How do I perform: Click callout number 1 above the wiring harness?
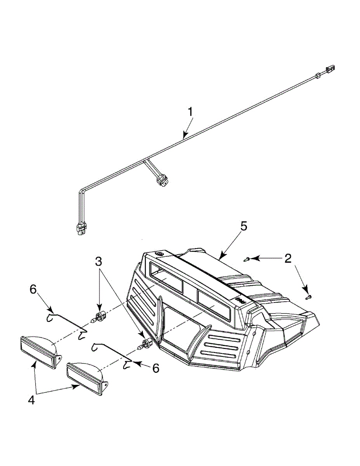190,112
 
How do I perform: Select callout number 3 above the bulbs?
99,261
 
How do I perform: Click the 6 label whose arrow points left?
156,368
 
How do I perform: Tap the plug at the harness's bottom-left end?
81,230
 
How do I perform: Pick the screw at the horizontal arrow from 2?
247,259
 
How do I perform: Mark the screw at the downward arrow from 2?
308,297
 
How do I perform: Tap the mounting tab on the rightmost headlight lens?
104,385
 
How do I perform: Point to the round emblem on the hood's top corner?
159,254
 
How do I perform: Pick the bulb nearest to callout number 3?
101,314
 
